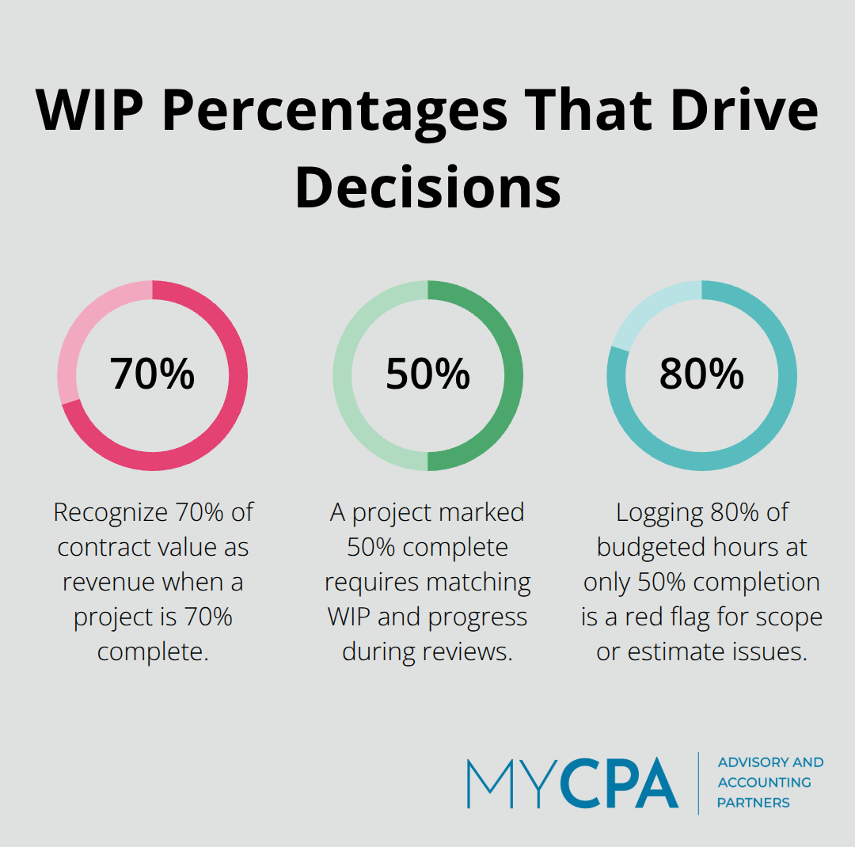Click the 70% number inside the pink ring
tap(152, 374)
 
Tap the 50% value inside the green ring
tap(427, 374)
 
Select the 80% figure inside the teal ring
tap(701, 374)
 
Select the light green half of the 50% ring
tap(343, 376)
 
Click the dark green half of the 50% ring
tap(513, 376)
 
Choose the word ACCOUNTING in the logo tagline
tap(763, 782)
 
